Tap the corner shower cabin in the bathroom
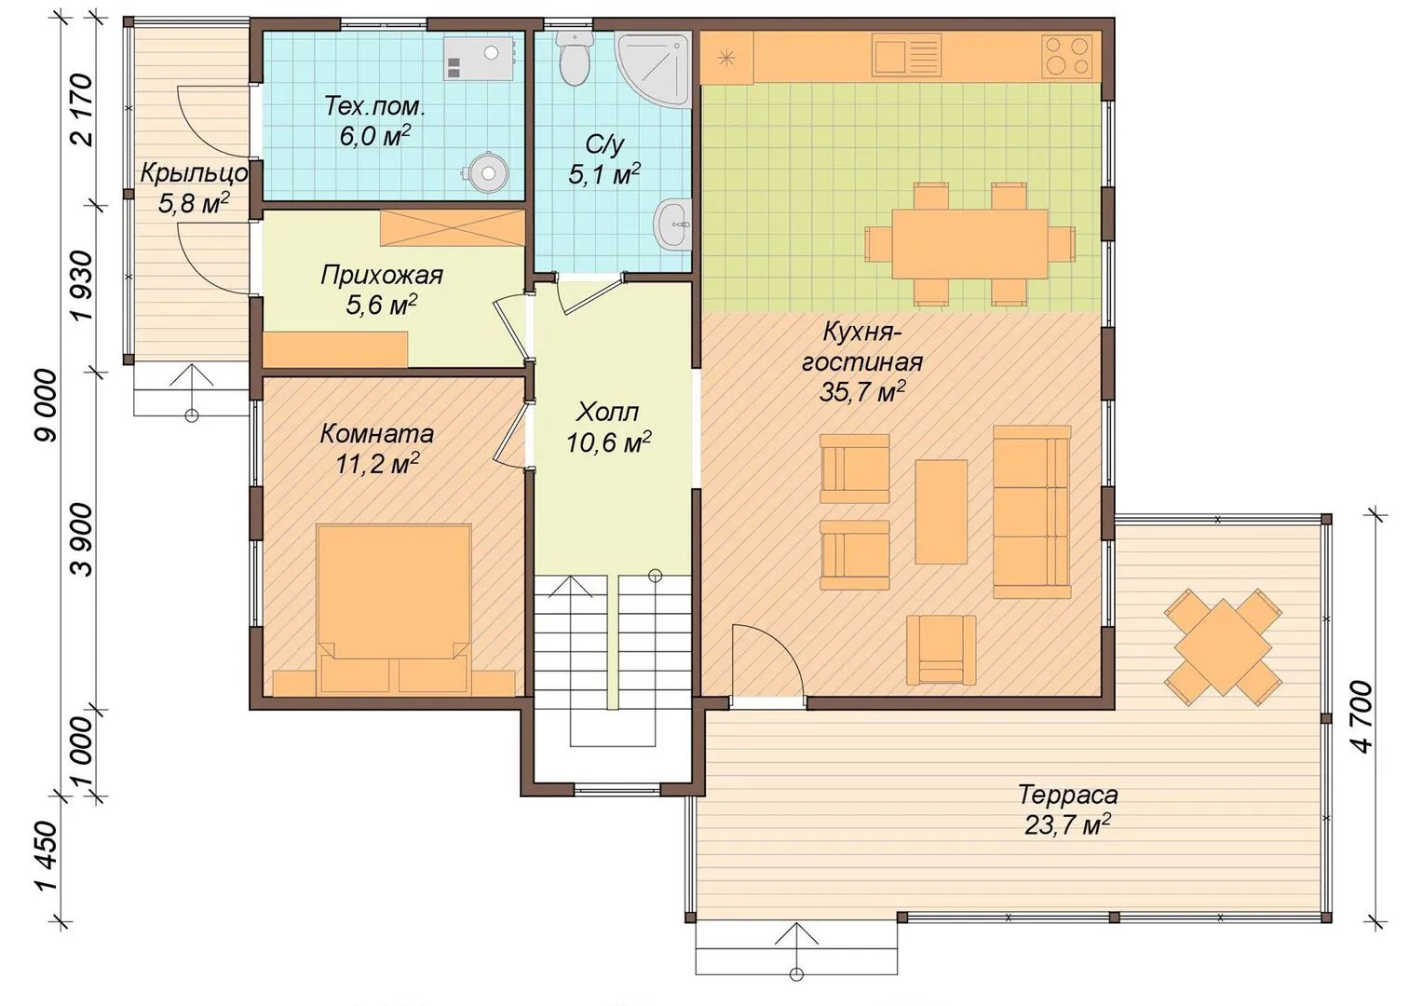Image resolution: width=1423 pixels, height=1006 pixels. tap(653, 70)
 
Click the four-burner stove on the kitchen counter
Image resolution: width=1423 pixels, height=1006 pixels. tap(1066, 56)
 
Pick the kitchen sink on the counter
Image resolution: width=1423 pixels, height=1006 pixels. tap(906, 55)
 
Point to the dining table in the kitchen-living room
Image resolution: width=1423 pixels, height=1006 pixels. tap(969, 244)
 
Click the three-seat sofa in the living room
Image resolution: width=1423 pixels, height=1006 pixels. tap(1032, 511)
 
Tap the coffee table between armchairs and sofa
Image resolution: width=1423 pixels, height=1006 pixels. tap(941, 511)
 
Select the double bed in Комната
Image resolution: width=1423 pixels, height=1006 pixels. tap(394, 608)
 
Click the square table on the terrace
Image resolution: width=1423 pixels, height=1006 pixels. tap(1222, 647)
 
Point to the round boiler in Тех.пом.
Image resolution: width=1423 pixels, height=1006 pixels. tap(487, 171)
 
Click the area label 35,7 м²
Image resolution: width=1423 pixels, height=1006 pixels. tap(861, 391)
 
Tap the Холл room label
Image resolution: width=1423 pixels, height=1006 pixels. tap(607, 413)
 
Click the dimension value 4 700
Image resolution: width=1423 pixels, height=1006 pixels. tap(1363, 717)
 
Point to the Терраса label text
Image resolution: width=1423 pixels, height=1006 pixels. tap(1067, 795)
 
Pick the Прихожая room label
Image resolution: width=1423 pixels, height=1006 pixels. tap(381, 276)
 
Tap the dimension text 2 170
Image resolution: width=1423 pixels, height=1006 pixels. tap(83, 110)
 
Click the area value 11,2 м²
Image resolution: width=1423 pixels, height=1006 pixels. tap(377, 465)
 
